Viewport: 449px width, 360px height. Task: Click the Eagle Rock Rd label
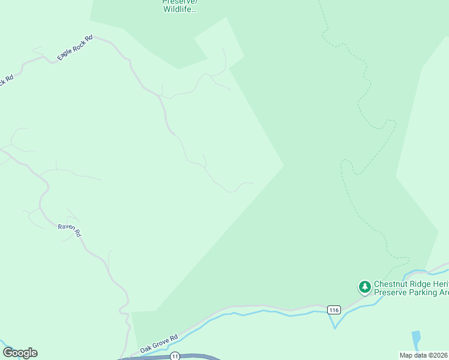75,48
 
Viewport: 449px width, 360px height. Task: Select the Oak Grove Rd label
159,343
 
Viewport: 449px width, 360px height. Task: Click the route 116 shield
334,310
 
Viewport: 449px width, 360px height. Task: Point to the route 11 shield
175,356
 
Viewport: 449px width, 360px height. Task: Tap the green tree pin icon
364,287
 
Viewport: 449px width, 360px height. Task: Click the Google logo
20,353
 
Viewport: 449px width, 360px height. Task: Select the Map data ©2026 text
424,355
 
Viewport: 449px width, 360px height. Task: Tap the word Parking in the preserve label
420,292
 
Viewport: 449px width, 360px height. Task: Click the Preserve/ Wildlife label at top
179,5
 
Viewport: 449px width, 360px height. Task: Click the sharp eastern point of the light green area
283,166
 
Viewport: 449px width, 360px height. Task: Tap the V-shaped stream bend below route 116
335,328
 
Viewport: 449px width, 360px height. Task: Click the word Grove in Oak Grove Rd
160,342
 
